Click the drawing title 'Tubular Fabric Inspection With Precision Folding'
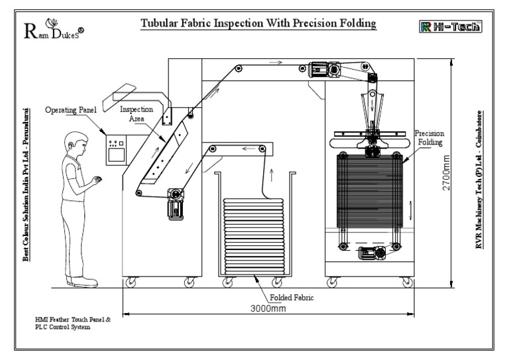(x=258, y=25)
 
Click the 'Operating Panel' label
(x=69, y=110)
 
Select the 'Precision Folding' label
(x=429, y=137)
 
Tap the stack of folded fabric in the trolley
(x=253, y=235)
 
